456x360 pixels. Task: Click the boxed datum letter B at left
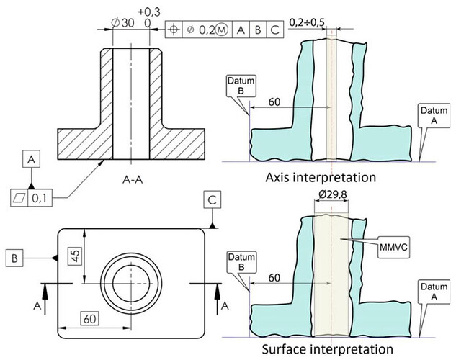14,256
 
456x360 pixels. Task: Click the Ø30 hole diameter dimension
122,23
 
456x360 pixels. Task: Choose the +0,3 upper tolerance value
148,12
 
